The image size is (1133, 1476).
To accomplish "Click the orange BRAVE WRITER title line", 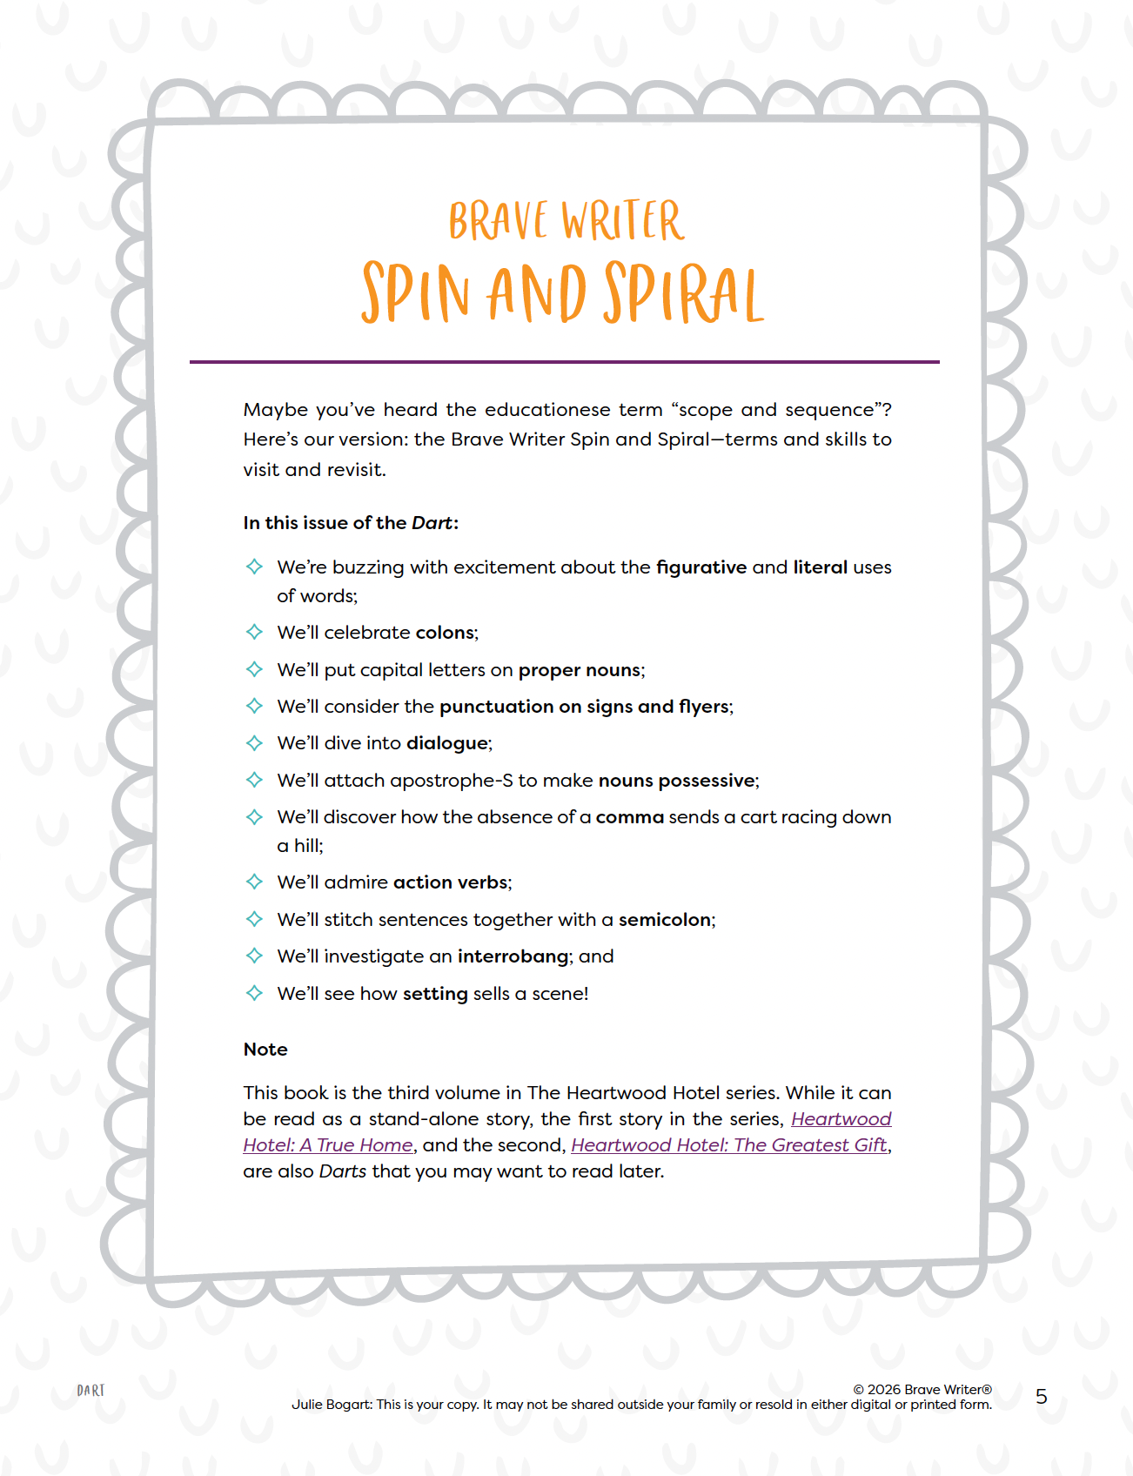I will pos(566,221).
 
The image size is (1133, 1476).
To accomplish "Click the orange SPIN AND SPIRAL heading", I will pos(563,292).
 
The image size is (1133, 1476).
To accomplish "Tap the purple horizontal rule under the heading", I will pos(564,361).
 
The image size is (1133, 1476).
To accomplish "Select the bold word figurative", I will pos(701,567).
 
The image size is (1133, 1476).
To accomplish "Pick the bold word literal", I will pos(820,567).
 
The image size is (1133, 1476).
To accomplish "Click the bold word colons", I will pos(446,633).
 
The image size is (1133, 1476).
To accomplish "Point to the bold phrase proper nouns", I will pos(580,670).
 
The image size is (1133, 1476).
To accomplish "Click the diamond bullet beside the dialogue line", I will pos(254,743).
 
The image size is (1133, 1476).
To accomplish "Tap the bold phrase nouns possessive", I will pos(676,781).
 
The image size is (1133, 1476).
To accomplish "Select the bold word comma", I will pos(629,817).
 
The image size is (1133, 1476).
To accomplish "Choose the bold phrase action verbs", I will pos(450,882).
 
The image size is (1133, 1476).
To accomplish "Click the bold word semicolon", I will pos(665,920).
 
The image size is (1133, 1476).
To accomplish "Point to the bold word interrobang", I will pos(513,956).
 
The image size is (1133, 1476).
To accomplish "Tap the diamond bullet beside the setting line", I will pos(254,993).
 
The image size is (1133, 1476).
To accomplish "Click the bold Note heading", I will pos(265,1050).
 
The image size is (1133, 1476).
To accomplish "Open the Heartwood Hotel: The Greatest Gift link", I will pos(728,1145).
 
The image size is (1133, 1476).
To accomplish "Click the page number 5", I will pos(1042,1397).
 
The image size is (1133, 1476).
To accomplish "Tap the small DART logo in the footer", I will pos(91,1391).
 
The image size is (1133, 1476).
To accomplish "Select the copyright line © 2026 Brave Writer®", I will pos(922,1389).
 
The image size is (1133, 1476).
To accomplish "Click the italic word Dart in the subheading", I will pos(432,523).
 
